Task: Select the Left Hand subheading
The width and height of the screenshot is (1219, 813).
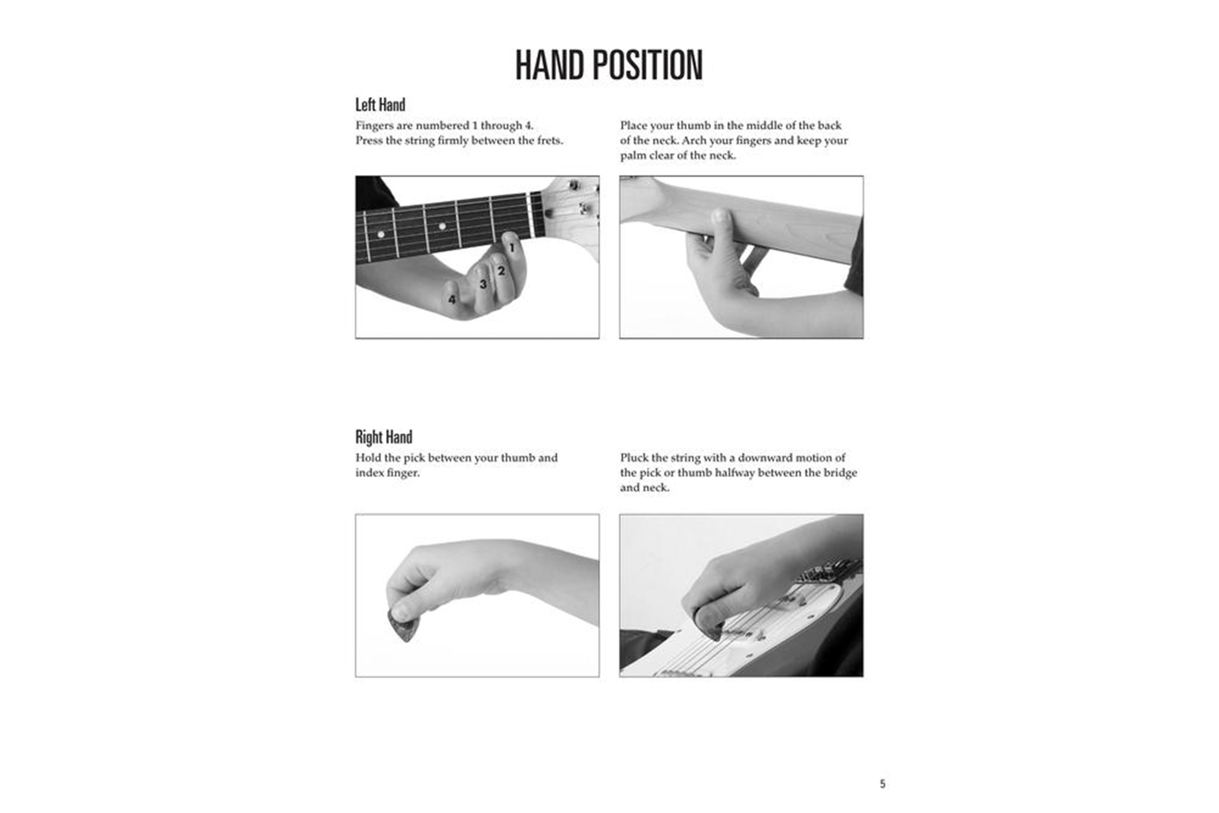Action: click(x=380, y=105)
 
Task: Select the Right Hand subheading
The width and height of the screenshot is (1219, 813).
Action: click(x=384, y=437)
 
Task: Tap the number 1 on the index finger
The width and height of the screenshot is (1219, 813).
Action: click(x=512, y=248)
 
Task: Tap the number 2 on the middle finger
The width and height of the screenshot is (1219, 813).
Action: click(x=501, y=271)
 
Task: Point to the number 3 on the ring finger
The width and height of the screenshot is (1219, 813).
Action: click(x=483, y=284)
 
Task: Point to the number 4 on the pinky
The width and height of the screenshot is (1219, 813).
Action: click(x=452, y=300)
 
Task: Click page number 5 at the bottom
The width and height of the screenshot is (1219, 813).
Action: click(x=883, y=783)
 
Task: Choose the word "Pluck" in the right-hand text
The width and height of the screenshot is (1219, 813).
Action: click(x=634, y=458)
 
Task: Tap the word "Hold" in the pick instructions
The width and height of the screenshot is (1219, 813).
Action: click(x=367, y=458)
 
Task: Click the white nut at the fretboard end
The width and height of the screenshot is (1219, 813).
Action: click(x=530, y=215)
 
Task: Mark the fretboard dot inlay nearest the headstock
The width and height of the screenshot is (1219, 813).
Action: click(x=442, y=226)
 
